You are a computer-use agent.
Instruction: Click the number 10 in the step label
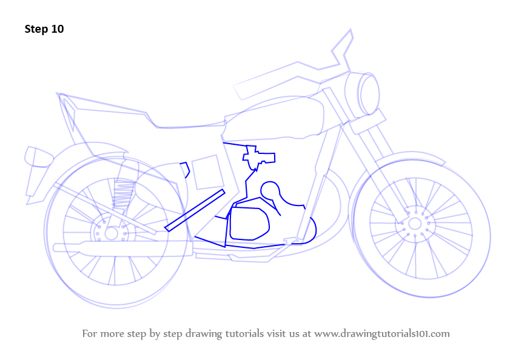tap(57, 29)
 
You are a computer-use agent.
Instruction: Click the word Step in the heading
tap(36, 29)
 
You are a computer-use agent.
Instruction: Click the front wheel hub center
tap(415, 224)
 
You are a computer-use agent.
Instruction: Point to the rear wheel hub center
tap(111, 233)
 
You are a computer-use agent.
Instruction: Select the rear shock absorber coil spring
tap(123, 195)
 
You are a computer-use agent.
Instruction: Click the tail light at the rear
tap(39, 157)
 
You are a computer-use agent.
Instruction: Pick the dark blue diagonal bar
tap(195, 210)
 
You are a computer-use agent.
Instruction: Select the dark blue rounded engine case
tap(249, 224)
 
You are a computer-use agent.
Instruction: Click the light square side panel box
tap(207, 172)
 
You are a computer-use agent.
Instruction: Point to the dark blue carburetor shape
tap(258, 158)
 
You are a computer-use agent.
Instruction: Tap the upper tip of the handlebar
tap(351, 30)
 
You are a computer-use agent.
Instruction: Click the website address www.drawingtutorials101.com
tap(382, 334)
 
